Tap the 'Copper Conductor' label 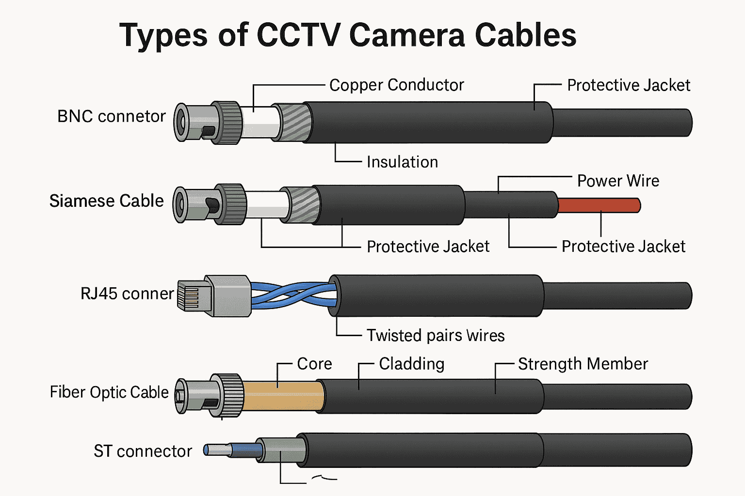pos(396,85)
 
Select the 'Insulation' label pos(402,162)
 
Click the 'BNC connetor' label pos(112,117)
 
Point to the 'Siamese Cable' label pos(107,201)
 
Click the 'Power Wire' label pos(618,181)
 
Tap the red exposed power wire pos(599,205)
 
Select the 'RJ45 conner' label pos(127,294)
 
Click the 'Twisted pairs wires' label pos(435,336)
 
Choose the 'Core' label pos(314,364)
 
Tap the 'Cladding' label pos(411,364)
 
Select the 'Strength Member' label pos(583,364)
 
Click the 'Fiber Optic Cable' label pos(109,392)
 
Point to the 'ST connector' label pos(143,451)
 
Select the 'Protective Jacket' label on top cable pos(628,86)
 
